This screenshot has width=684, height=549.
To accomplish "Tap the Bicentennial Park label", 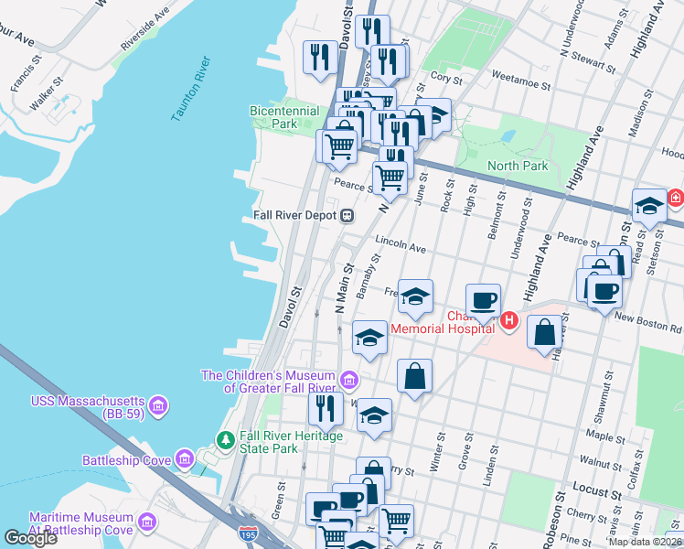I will pos(284,117).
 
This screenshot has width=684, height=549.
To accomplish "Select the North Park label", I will pos(518,167).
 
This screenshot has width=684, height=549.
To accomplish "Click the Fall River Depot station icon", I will pos(347,216).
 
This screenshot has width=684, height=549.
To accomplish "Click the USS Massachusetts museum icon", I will pos(157,404).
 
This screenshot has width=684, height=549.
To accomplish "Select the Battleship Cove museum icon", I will pos(185,458).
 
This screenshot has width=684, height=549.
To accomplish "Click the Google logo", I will pos(30,537).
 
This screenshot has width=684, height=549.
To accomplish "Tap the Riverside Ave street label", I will pos(144,29).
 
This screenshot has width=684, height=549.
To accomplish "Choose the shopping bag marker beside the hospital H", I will pos(545,331).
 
